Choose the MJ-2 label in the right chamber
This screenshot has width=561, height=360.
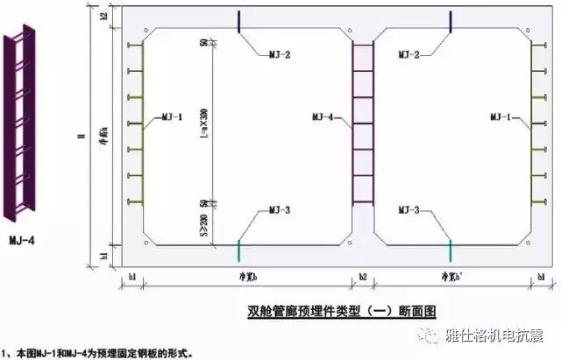409,54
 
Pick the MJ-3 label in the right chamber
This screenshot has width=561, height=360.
409,210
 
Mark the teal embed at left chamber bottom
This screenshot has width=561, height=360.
238,250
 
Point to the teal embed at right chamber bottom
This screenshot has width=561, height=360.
450,250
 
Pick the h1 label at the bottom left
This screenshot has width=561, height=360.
103,256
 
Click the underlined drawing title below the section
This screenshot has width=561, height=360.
343,310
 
